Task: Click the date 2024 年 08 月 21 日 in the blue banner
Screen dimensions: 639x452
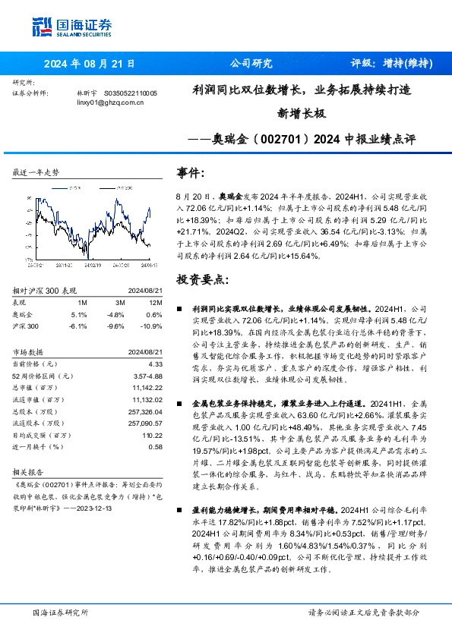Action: pyautogui.click(x=90, y=64)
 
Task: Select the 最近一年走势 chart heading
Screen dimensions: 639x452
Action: pyautogui.click(x=36, y=173)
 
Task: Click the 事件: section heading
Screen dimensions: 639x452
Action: pyautogui.click(x=190, y=173)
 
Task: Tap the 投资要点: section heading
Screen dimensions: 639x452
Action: pyautogui.click(x=201, y=279)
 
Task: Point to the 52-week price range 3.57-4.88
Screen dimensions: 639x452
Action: pyautogui.click(x=148, y=376)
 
